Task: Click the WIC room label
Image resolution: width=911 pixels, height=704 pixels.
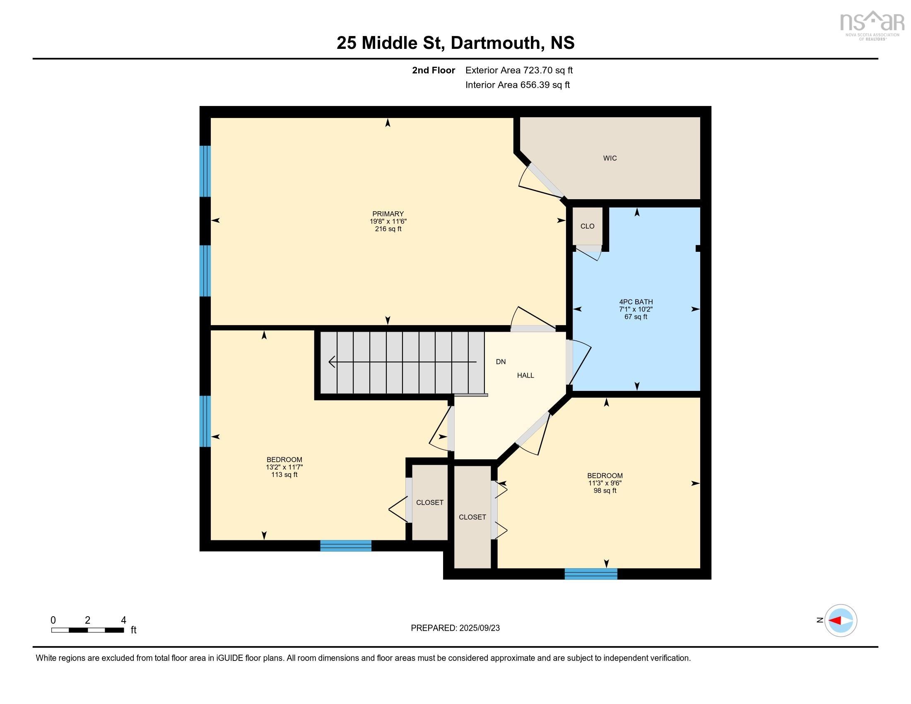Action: (x=610, y=158)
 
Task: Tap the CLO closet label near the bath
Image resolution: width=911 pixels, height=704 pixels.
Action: (x=587, y=226)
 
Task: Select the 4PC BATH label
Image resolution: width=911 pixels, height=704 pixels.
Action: (x=636, y=301)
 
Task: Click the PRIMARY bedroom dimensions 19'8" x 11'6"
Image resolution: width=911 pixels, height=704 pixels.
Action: (x=388, y=222)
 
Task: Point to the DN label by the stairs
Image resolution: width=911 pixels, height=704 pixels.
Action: (x=501, y=362)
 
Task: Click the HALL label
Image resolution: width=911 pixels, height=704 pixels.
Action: (x=525, y=375)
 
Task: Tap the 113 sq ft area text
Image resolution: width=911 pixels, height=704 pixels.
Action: (x=284, y=475)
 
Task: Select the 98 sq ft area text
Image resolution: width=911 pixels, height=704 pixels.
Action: (x=605, y=490)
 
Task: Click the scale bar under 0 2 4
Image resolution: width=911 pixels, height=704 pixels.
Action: (x=88, y=630)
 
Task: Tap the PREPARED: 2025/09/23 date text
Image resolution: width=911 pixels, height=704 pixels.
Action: (x=455, y=628)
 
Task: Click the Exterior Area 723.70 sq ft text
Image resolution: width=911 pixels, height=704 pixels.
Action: (x=519, y=70)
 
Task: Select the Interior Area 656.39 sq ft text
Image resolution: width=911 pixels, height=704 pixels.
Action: (x=517, y=84)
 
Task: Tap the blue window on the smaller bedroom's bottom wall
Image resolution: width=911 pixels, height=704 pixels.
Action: (x=590, y=574)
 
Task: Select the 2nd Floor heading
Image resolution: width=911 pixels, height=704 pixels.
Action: (x=434, y=70)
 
